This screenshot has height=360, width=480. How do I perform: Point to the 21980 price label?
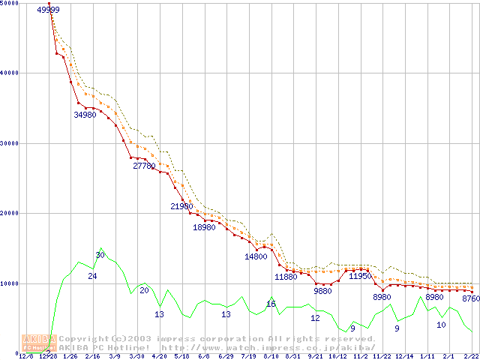pos(182,206)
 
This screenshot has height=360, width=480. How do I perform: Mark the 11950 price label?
pos(360,276)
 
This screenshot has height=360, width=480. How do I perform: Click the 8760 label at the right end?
pos(470,298)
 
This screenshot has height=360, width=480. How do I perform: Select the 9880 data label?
pos(322,290)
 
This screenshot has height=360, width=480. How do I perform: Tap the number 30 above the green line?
pos(100,255)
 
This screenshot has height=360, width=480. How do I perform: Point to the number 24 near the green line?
pos(92,276)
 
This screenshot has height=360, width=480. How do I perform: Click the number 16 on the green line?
pos(271,304)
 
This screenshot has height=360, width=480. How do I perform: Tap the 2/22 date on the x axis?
pos(471,356)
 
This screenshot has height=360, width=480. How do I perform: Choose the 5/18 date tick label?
pos(181,356)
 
